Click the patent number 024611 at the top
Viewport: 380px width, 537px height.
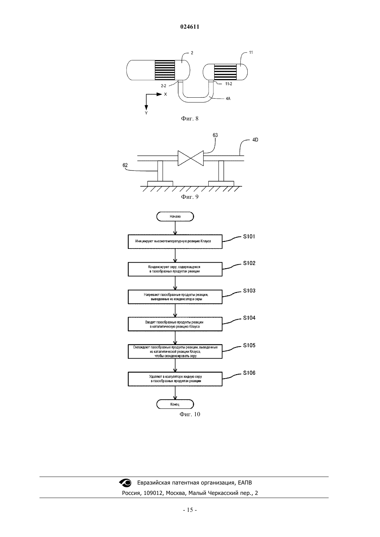tap(190, 27)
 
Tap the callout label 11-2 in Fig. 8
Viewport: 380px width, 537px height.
tap(229, 84)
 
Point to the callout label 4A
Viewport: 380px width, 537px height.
tap(228, 98)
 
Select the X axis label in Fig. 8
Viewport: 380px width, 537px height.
tap(165, 95)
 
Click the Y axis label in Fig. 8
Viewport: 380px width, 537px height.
tap(146, 113)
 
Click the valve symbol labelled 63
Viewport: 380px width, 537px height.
tap(190, 158)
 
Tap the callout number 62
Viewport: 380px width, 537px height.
tap(125, 165)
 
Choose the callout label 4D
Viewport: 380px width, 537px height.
tap(255, 140)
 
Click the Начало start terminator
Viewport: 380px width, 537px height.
tap(175, 216)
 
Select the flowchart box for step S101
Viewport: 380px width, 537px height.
tap(175, 242)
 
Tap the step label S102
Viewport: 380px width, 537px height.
tap(249, 263)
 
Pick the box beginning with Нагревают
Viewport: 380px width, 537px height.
tap(175, 297)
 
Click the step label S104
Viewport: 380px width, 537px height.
tap(249, 318)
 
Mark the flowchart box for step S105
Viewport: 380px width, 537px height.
tap(175, 351)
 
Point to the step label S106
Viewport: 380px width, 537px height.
tap(249, 373)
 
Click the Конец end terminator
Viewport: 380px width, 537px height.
tap(175, 404)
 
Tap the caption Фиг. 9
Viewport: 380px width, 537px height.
tap(190, 197)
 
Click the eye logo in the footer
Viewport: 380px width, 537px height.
tap(125, 482)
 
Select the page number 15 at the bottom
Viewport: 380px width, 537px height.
tap(190, 510)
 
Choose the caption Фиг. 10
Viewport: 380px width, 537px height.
tap(190, 414)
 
